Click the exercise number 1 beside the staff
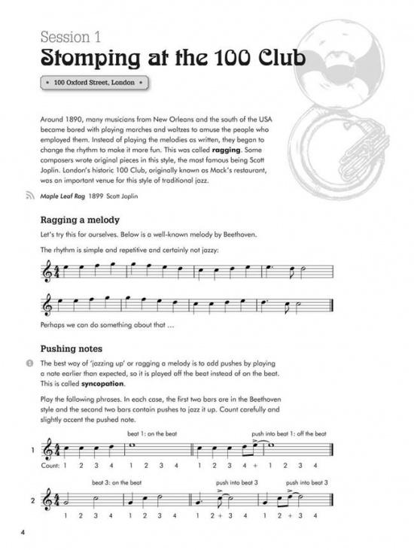point(32,451)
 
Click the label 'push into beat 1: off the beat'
point(289,434)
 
